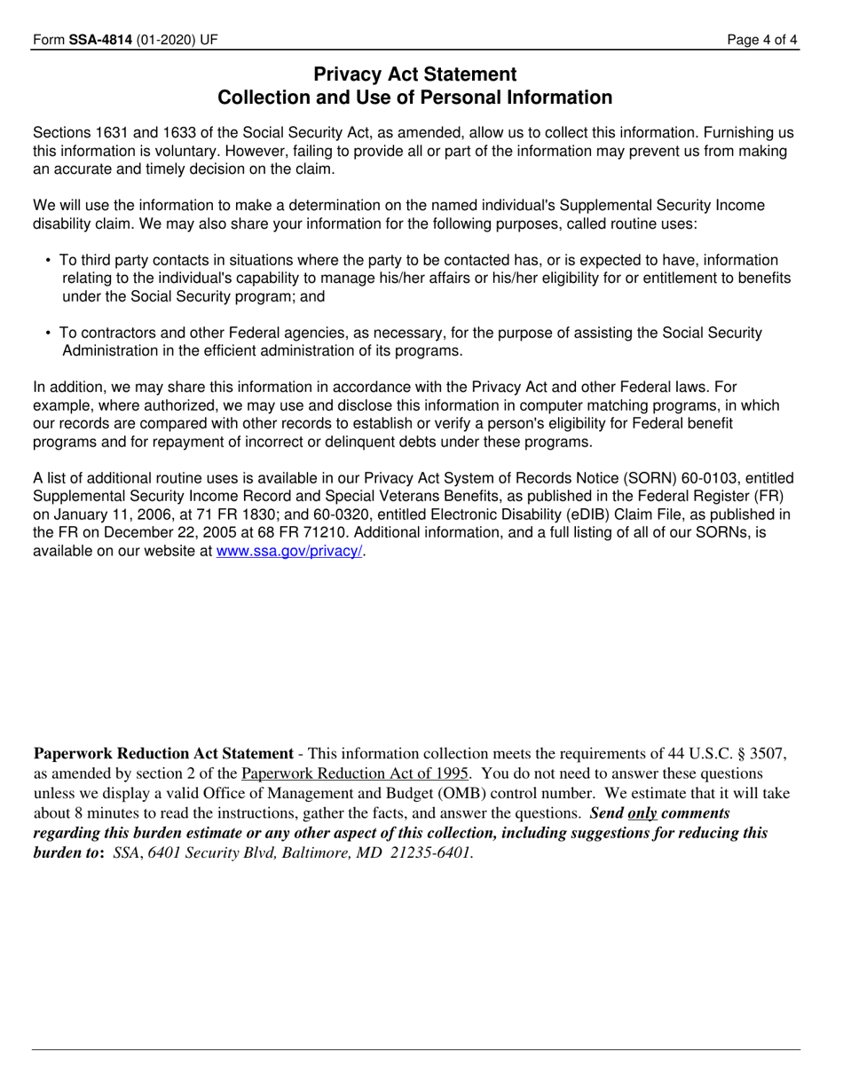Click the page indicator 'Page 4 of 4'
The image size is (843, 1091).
coord(762,39)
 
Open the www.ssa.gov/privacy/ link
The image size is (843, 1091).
coord(289,551)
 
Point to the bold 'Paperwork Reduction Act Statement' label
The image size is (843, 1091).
coord(162,754)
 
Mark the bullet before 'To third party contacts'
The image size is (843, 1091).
coord(48,261)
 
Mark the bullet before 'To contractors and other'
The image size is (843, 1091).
coord(48,334)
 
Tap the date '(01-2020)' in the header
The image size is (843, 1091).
coord(167,39)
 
